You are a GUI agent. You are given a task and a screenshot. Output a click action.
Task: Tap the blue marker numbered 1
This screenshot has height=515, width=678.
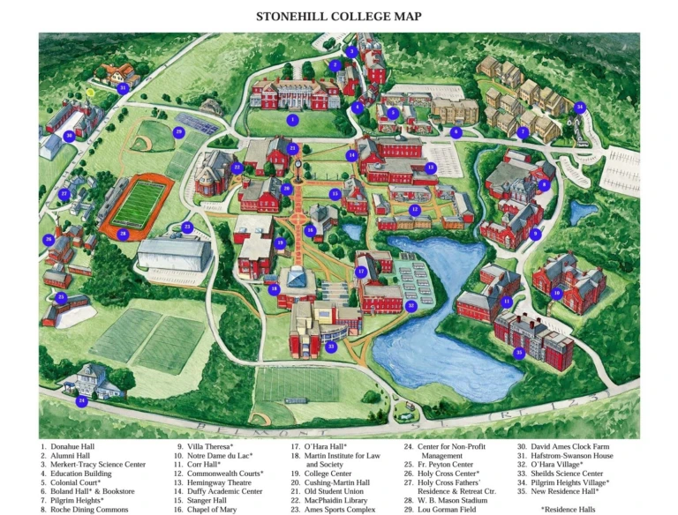293,119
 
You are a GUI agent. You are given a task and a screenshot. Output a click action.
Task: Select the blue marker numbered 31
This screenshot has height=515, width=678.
123,88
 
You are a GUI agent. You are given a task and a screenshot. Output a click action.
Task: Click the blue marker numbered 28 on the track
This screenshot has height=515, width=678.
123,234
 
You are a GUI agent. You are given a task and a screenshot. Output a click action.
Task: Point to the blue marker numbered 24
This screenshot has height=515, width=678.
81,400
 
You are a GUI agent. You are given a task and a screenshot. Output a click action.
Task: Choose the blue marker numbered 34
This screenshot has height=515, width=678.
579,108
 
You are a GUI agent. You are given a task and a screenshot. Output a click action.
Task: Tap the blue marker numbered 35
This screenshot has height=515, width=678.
519,353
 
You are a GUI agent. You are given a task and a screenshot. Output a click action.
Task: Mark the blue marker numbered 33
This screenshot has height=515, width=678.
331,347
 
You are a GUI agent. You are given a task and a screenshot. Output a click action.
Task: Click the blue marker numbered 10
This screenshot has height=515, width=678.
555,293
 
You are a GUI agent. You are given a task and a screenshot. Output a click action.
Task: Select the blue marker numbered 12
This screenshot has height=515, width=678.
415,210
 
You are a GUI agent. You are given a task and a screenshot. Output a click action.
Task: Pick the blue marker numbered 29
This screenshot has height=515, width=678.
178,132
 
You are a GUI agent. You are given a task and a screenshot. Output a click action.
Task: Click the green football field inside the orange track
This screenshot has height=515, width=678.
139,205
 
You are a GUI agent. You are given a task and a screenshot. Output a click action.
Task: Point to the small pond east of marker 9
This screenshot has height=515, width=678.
581,213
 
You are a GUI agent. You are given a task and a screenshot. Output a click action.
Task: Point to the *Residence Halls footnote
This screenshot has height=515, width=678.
569,509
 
